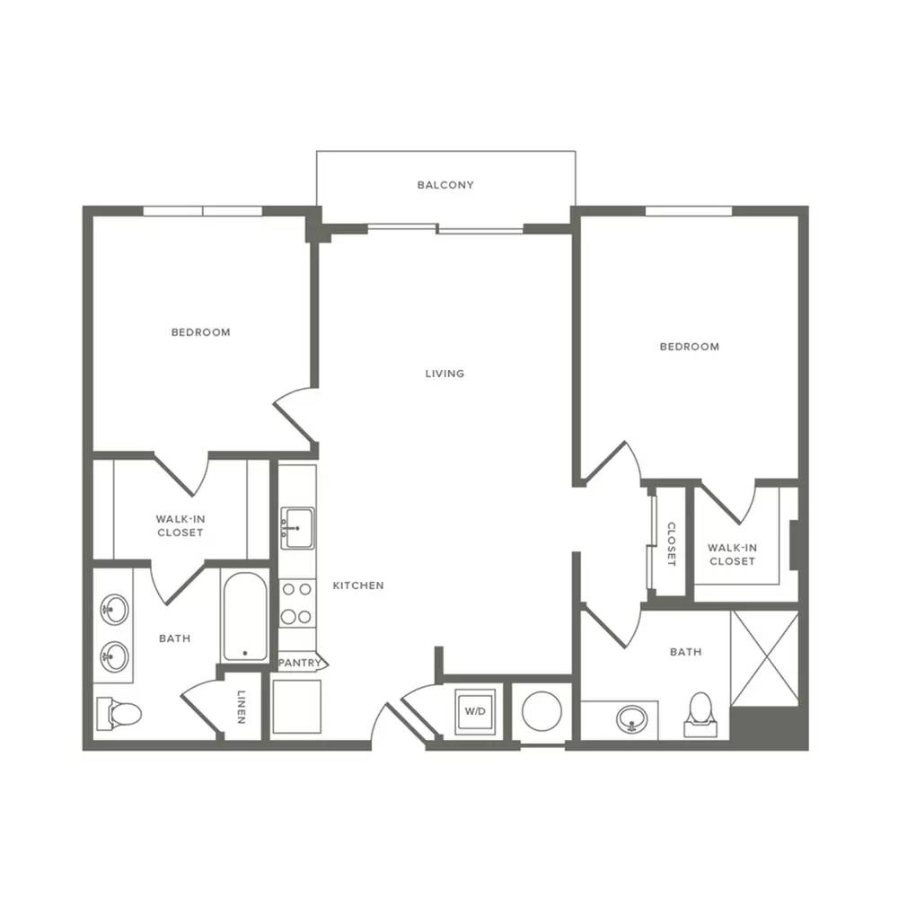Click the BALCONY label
(445, 185)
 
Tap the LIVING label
(445, 374)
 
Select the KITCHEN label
(358, 585)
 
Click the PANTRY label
(300, 663)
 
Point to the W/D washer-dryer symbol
(475, 711)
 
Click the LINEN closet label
(241, 707)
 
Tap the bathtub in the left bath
(245, 616)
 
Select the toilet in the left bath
(119, 714)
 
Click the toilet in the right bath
(700, 714)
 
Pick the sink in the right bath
(632, 718)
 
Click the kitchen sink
(297, 527)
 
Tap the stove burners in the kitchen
(296, 603)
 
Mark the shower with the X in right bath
(764, 658)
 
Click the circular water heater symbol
(541, 711)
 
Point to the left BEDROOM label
(201, 332)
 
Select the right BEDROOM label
(690, 347)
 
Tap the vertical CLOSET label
(671, 544)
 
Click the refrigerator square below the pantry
(296, 707)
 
